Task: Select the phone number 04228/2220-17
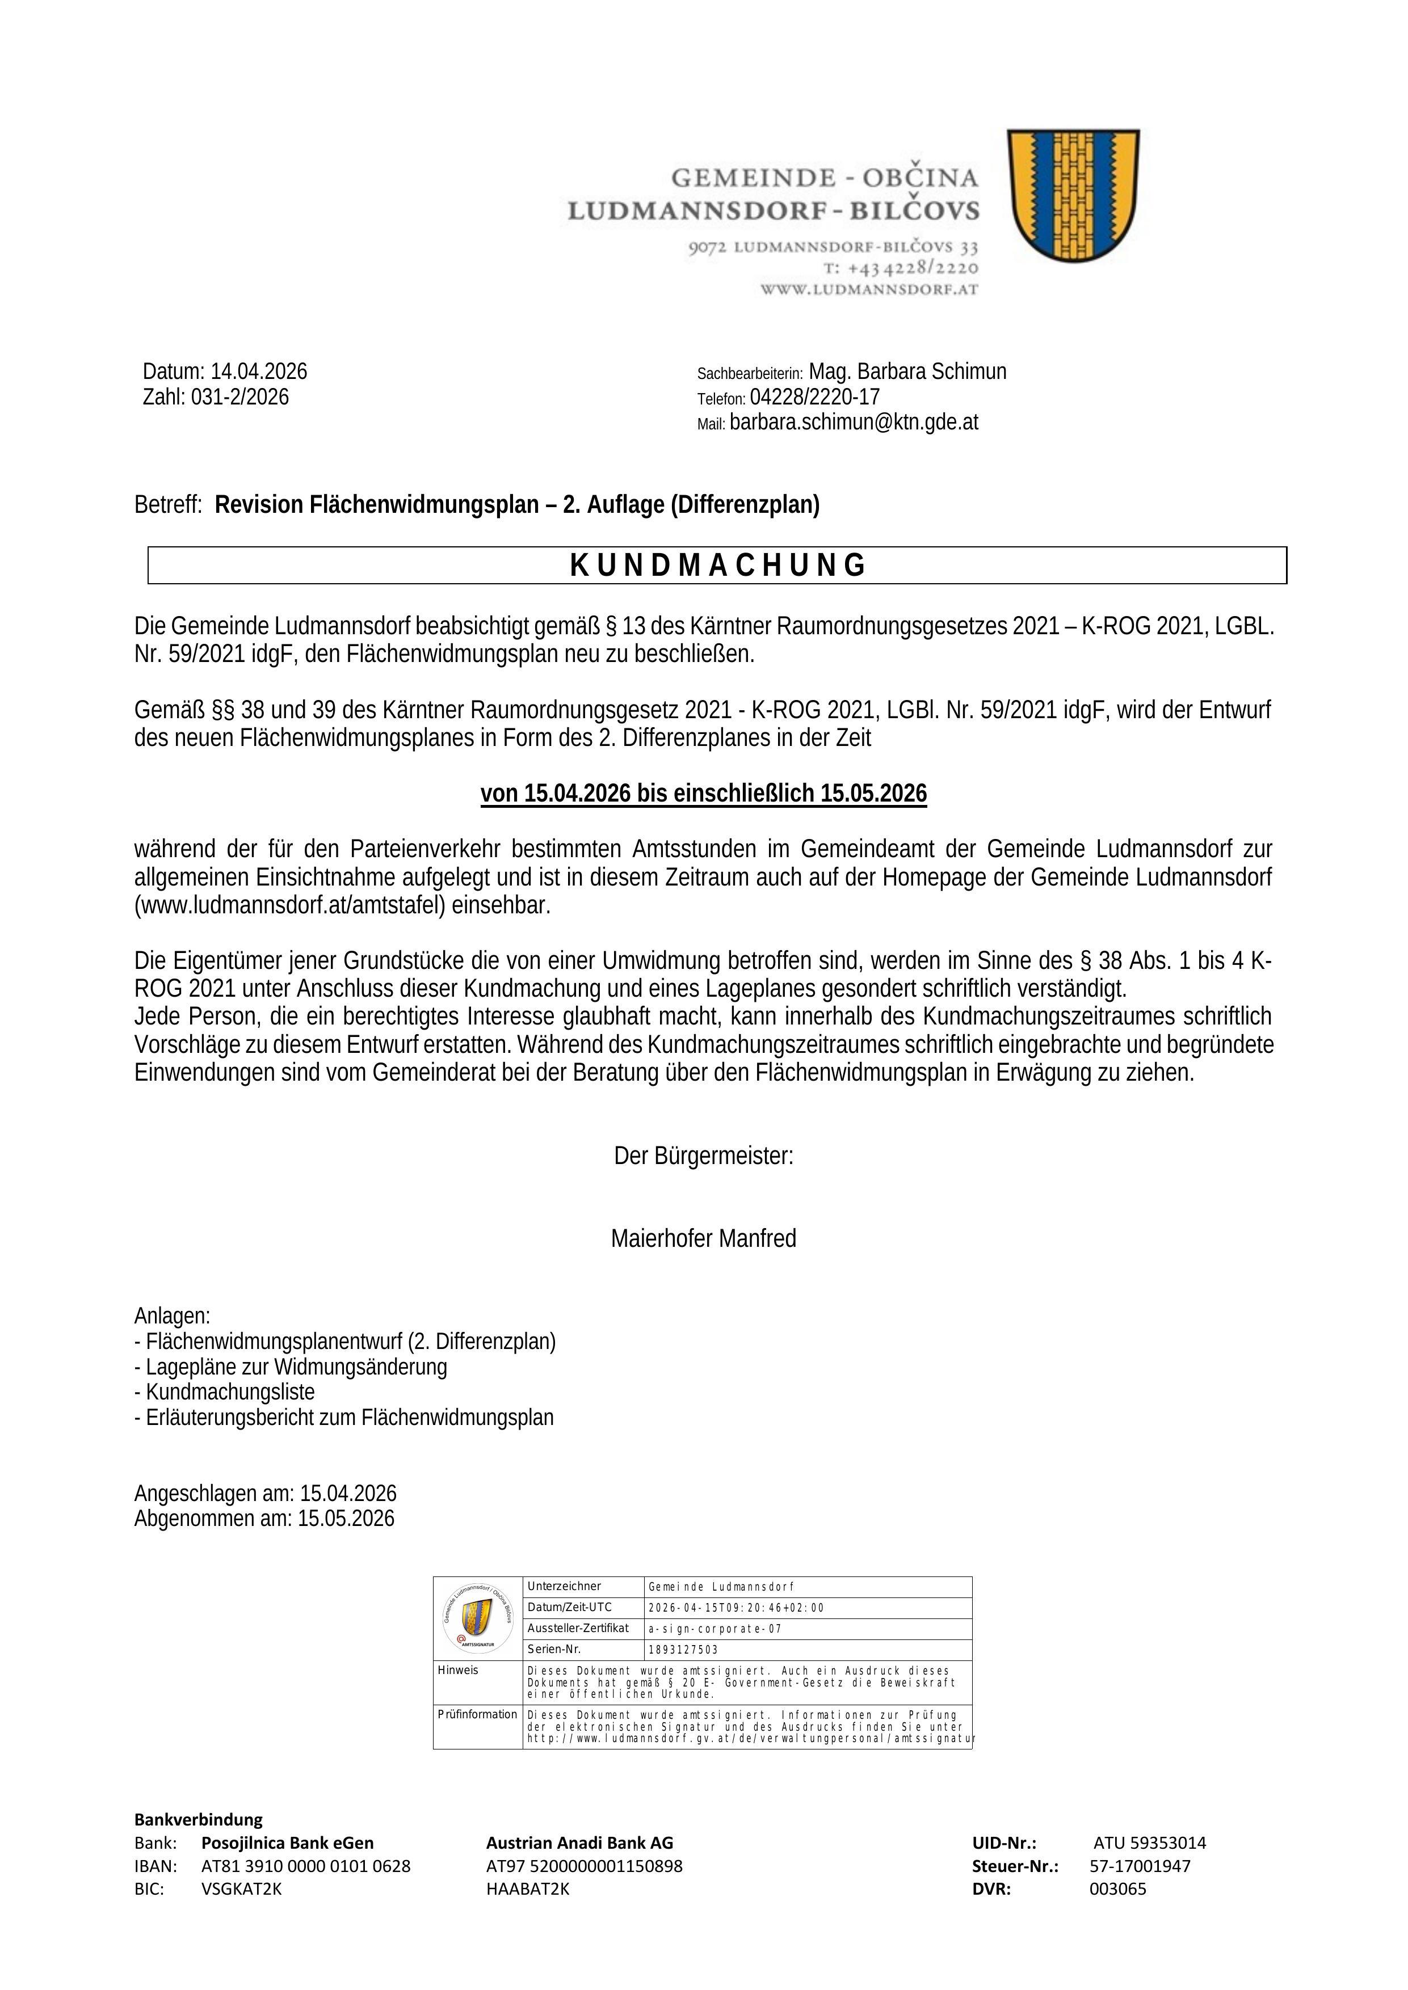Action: click(x=814, y=397)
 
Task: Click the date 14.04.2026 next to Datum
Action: click(x=258, y=372)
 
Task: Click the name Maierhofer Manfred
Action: click(x=703, y=1238)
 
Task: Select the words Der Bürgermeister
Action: click(x=703, y=1156)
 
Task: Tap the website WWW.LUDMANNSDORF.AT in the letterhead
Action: click(x=869, y=289)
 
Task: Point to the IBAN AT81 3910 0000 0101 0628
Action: click(x=305, y=1866)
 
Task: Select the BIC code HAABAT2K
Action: click(x=527, y=1890)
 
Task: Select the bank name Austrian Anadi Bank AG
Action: click(x=579, y=1843)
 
